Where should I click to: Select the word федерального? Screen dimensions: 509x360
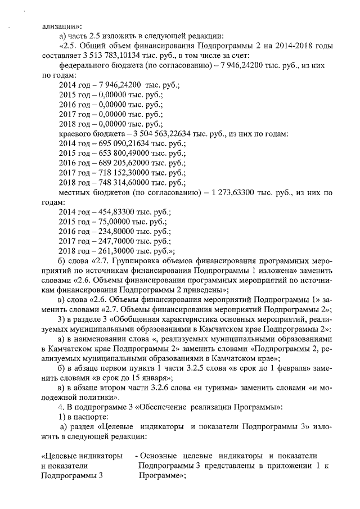point(84,65)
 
